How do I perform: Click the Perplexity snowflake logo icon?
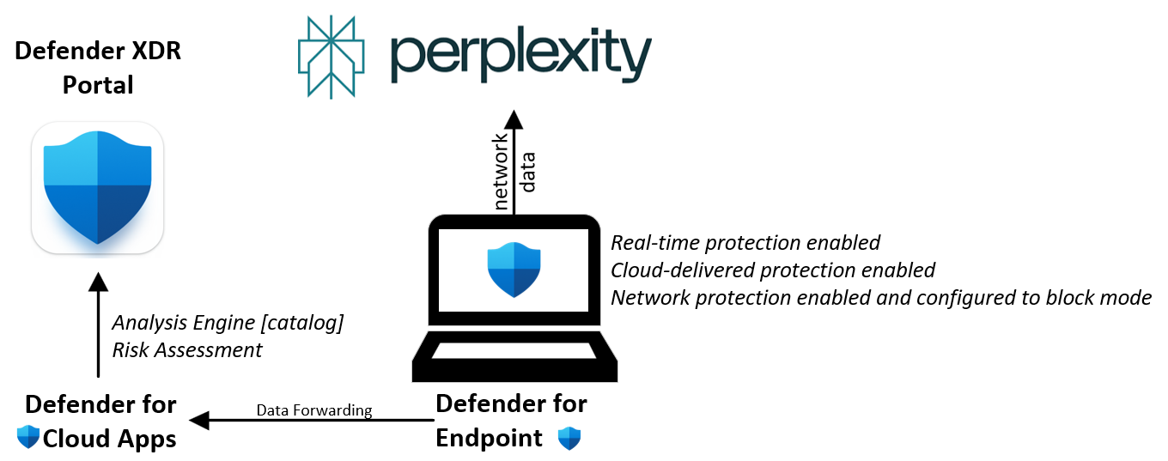pyautogui.click(x=331, y=55)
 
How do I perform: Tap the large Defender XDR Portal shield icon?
pyautogui.click(x=97, y=187)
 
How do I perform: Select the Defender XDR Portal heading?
pyautogui.click(x=98, y=68)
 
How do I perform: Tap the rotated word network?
pyautogui.click(x=501, y=172)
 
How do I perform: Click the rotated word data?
pyautogui.click(x=528, y=172)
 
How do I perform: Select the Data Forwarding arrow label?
pyautogui.click(x=314, y=410)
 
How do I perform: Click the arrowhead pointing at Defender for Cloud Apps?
pyautogui.click(x=199, y=420)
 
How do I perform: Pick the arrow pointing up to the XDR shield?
pyautogui.click(x=98, y=326)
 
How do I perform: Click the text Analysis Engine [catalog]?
pyautogui.click(x=228, y=324)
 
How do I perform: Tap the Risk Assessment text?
pyautogui.click(x=187, y=350)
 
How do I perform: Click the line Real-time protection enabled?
pyautogui.click(x=745, y=243)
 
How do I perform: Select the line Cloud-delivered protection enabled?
pyautogui.click(x=772, y=270)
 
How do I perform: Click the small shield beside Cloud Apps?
pyautogui.click(x=28, y=439)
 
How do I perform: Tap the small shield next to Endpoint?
pyautogui.click(x=569, y=439)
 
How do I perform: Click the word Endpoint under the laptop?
pyautogui.click(x=490, y=438)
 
